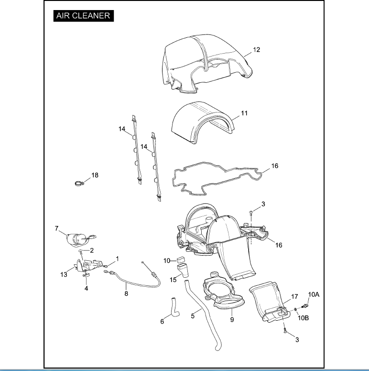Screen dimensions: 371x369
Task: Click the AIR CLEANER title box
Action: [x=83, y=15]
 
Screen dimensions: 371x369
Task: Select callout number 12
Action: [x=257, y=50]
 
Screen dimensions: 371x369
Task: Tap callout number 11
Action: [x=244, y=113]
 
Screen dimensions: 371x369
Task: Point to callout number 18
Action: [x=95, y=175]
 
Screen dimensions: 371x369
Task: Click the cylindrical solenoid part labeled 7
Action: [x=77, y=238]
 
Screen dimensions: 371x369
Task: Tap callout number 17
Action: [x=294, y=296]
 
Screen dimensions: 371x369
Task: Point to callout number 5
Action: [x=193, y=315]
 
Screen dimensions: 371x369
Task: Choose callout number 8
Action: [x=126, y=293]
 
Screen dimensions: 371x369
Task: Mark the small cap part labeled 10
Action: [x=181, y=261]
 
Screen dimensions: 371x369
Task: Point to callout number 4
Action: [x=87, y=289]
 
